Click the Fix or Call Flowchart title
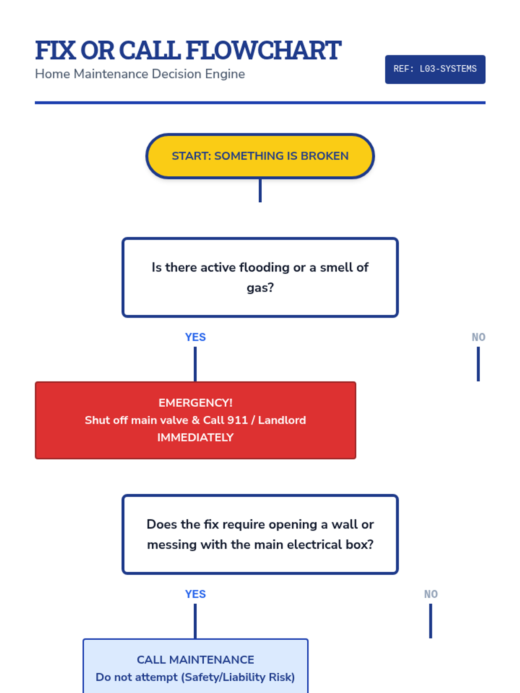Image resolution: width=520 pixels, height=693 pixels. (x=188, y=50)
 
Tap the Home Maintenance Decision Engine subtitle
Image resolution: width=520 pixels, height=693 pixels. (x=140, y=74)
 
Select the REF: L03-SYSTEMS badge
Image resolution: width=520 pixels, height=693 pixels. (x=435, y=69)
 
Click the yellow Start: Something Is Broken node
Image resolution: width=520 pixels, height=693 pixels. (x=260, y=156)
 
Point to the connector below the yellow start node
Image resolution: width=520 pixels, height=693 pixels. (x=260, y=191)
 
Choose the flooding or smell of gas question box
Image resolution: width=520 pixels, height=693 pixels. (x=260, y=277)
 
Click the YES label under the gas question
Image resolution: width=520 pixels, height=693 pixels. (x=195, y=337)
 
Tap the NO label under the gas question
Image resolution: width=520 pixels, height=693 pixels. (x=478, y=337)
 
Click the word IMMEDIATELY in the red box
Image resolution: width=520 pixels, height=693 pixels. (x=195, y=437)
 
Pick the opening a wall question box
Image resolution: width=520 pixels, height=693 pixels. (x=260, y=534)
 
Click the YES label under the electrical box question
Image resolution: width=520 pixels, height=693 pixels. (x=195, y=594)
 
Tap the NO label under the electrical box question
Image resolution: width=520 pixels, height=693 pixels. (x=431, y=594)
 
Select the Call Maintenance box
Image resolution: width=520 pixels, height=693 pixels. (x=195, y=667)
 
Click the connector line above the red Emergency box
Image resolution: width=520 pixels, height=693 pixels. (x=195, y=364)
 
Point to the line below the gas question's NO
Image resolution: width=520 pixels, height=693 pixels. (x=478, y=364)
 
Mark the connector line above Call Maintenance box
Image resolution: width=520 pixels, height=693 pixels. (x=195, y=621)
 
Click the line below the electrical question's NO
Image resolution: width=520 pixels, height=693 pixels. (x=431, y=621)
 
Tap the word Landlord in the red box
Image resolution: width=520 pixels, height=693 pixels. (x=282, y=420)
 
